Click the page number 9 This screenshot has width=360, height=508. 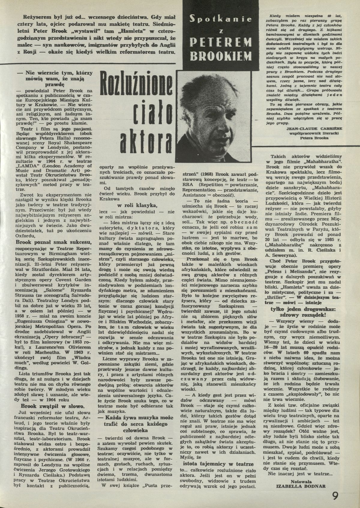tap(335, 495)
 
